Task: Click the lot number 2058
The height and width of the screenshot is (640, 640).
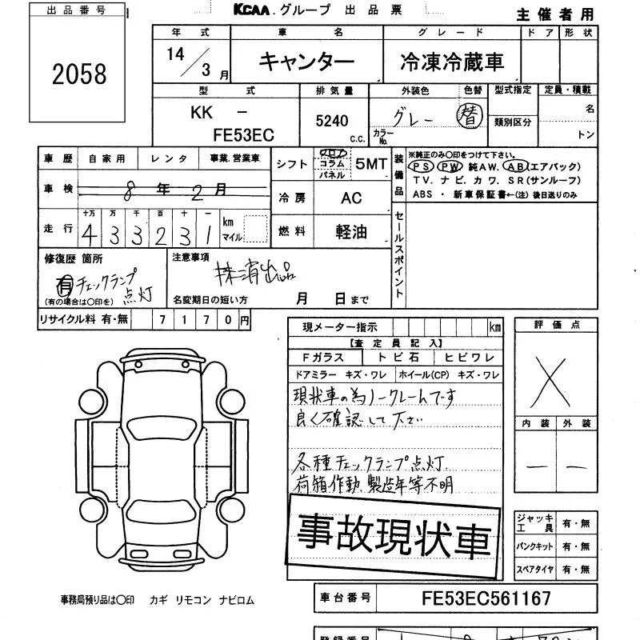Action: coord(79,74)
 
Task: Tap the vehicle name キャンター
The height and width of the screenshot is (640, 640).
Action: coord(306,62)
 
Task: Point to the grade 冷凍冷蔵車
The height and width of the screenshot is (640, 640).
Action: coord(452,62)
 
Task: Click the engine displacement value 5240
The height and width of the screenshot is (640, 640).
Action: coord(333,121)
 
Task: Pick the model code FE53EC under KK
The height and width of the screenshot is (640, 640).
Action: coord(243,135)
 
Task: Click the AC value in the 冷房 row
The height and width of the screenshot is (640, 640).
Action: coord(351,198)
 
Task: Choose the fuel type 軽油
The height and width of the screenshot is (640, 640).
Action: coord(351,232)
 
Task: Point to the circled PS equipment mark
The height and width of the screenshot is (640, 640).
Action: coord(422,167)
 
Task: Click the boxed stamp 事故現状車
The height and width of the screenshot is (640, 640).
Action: coord(394,534)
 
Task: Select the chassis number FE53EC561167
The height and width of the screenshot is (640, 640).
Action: coord(486,598)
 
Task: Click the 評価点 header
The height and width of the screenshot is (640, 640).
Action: coord(554,326)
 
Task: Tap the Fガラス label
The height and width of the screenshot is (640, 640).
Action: coord(322,358)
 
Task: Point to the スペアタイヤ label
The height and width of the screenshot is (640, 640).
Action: coord(534,570)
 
